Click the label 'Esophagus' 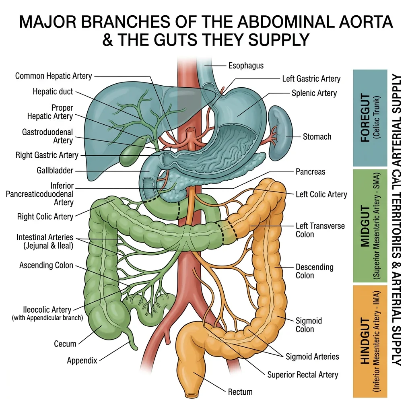point(246,65)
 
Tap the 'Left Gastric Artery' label point(311,79)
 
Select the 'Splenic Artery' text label point(314,93)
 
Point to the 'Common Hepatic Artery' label point(54,76)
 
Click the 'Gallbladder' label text point(55,171)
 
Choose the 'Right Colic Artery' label point(45,216)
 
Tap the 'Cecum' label point(65,344)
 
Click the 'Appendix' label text point(82,360)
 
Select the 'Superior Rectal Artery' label point(303,375)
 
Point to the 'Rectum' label point(240,391)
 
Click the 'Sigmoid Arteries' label point(312,356)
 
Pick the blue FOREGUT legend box point(370,118)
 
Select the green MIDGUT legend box point(370,225)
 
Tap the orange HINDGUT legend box point(370,341)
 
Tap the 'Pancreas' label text point(310,172)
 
